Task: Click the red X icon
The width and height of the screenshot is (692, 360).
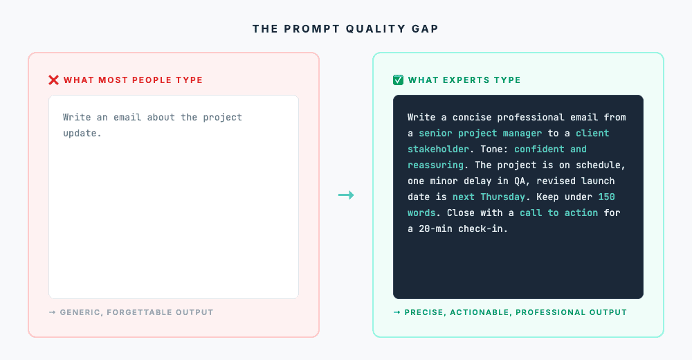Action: tap(53, 80)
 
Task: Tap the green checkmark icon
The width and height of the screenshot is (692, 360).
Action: tap(398, 80)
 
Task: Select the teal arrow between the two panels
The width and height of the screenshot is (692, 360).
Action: tap(346, 195)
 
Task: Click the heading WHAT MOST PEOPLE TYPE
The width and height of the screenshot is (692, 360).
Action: tap(133, 80)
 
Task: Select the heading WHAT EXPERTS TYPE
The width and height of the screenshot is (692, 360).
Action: tap(464, 80)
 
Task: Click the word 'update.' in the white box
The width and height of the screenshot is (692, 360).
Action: tap(82, 133)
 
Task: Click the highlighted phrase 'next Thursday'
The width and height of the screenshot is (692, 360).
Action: tap(489, 197)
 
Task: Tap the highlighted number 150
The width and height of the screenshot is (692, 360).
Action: tap(606, 197)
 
